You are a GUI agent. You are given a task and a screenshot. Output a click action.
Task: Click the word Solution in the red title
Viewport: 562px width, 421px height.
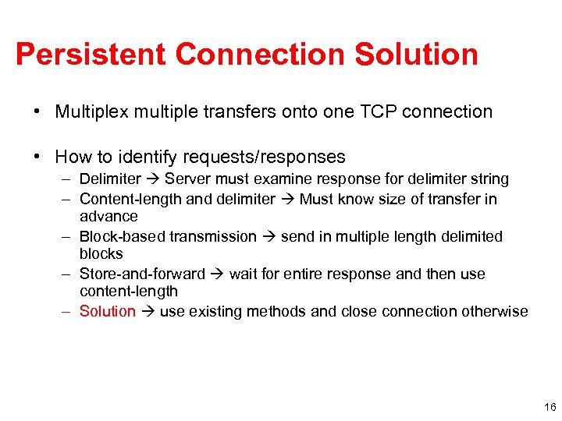tap(416, 55)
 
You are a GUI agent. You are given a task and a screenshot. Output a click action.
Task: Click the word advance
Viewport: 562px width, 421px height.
tap(108, 217)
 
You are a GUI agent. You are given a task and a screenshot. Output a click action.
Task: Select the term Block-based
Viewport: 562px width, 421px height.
tap(123, 236)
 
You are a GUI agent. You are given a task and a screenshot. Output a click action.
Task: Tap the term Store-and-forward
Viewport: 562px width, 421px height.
tap(142, 274)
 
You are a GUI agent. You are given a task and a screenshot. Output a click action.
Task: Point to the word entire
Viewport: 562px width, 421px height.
tap(302, 274)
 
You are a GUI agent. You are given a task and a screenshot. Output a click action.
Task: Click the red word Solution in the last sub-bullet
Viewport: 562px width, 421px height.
tap(108, 312)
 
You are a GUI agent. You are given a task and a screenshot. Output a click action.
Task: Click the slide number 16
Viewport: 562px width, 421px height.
tap(550, 407)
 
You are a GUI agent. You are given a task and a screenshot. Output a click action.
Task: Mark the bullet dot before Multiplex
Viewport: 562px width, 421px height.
tap(37, 112)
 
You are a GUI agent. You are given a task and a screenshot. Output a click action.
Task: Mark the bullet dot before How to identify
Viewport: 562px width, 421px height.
tap(37, 157)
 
